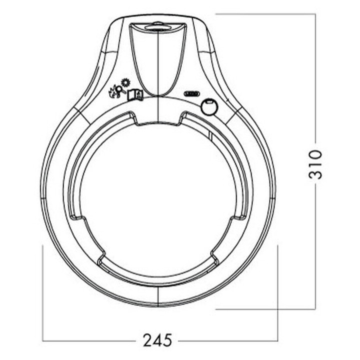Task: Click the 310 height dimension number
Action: [315, 164]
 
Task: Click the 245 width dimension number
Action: [157, 340]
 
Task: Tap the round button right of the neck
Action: [209, 107]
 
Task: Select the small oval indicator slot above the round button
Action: [191, 93]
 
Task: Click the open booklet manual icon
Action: [135, 95]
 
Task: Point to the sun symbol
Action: [125, 82]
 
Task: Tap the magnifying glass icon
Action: [120, 90]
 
